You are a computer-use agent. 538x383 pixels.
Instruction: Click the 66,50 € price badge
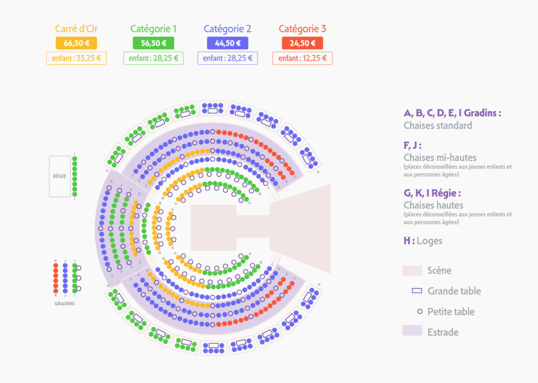pos(76,43)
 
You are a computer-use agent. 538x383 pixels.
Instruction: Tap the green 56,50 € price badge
pos(153,43)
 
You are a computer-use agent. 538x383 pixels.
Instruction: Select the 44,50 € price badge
pos(227,43)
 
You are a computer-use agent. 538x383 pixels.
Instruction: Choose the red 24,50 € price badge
pos(302,43)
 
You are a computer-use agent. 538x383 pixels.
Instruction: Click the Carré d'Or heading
pos(76,29)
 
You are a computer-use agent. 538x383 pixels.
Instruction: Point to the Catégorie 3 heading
pos(302,29)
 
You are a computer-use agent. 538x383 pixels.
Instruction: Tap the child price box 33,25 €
pos(76,58)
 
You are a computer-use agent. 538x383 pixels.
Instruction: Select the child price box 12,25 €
pos(302,58)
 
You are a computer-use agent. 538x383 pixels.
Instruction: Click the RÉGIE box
pos(60,177)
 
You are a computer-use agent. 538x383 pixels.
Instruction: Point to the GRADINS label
pos(65,304)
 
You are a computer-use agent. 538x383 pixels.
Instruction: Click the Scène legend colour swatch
pos(412,271)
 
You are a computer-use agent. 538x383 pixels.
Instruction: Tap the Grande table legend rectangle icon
pos(417,291)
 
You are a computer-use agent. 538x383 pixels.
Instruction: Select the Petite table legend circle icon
pos(419,312)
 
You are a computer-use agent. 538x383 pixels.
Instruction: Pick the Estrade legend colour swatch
pos(412,330)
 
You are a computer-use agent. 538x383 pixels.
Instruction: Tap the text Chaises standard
pos(438,126)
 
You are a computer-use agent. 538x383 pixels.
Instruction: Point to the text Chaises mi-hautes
pos(440,157)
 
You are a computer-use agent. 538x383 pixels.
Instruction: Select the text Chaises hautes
pos(433,205)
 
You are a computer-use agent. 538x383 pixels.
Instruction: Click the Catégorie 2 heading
pos(227,29)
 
